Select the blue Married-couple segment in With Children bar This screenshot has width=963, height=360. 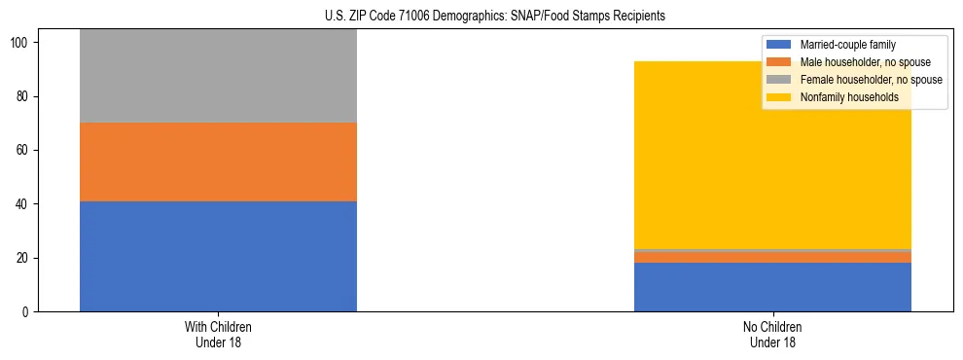coord(218,256)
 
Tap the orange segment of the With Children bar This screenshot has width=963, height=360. coord(218,162)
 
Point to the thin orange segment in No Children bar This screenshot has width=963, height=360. coord(772,257)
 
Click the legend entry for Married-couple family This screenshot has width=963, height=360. coord(846,45)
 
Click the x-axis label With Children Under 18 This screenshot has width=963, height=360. coord(218,334)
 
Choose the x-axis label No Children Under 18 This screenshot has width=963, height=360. coord(772,334)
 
